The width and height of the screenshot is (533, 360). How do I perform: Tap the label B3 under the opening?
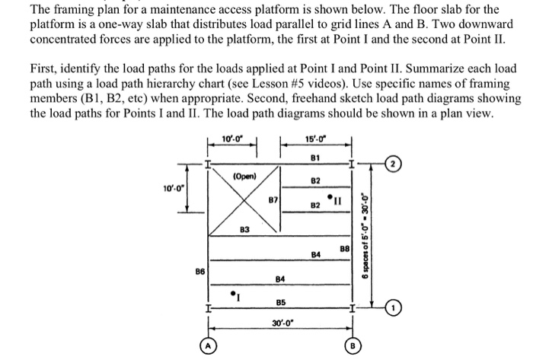point(244,228)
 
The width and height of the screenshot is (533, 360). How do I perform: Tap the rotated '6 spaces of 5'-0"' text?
point(366,235)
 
